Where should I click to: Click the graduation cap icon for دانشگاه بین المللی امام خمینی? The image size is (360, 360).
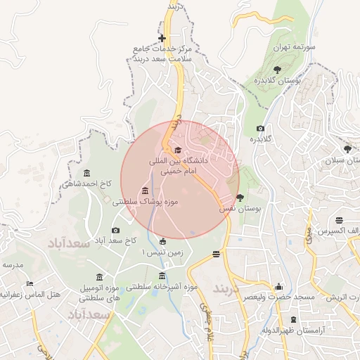point(177,150)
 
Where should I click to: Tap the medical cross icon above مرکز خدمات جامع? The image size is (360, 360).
point(162,38)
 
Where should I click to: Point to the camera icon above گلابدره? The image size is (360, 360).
point(260,128)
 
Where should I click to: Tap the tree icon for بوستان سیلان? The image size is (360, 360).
point(347,149)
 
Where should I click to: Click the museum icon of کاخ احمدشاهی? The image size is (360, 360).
point(86,174)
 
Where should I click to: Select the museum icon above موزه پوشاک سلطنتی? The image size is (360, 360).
point(145,191)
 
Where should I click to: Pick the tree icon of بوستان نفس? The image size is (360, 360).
point(240,198)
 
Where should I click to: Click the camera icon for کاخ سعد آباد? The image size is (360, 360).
point(116,230)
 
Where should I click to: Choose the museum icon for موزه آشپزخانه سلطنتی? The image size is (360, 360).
point(163,276)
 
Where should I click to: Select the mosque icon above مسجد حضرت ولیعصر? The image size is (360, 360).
point(279,286)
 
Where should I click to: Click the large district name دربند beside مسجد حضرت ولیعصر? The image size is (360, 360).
point(227,289)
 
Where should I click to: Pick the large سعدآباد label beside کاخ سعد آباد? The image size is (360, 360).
point(69,243)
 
